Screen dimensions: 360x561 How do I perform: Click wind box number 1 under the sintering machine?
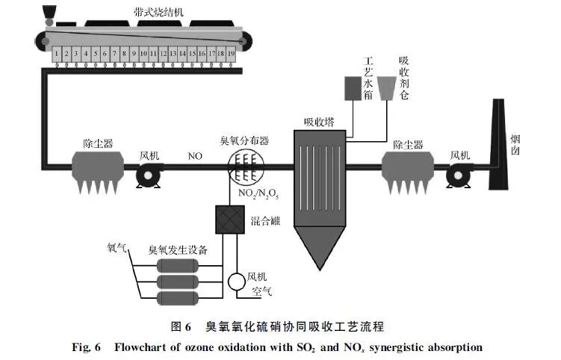click(x=57, y=55)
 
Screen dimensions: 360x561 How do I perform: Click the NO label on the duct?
click(x=196, y=157)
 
